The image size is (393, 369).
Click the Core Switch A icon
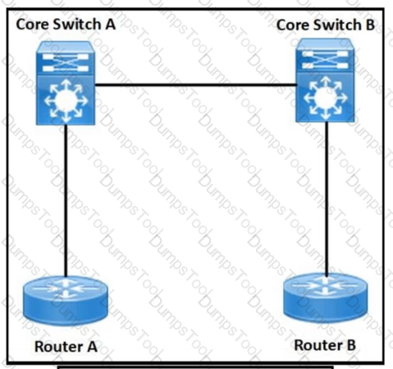pos(66,83)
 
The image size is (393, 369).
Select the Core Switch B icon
pos(325,80)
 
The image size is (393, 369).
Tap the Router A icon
pos(66,301)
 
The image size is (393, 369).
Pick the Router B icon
pos(326,298)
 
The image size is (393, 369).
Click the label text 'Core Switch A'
pos(66,24)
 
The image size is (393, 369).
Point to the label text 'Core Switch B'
pos(326,25)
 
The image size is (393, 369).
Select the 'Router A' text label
pos(66,347)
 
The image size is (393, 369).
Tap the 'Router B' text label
pos(325,345)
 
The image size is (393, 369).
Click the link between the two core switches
pos(195,85)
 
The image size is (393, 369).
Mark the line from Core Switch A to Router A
pos(66,201)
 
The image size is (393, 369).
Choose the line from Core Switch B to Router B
pos(327,198)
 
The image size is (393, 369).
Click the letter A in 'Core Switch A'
pos(110,24)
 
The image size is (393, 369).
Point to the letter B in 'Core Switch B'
pos(370,25)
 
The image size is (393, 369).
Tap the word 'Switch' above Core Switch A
pos(77,24)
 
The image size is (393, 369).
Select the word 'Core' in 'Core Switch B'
pos(292,25)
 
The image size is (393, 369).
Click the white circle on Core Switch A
pos(66,101)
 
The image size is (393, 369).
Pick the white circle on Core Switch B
pos(325,98)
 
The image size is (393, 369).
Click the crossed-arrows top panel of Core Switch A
pos(66,62)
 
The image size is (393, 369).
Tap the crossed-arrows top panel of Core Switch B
pos(325,60)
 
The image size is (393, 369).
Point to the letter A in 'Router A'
pos(92,347)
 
